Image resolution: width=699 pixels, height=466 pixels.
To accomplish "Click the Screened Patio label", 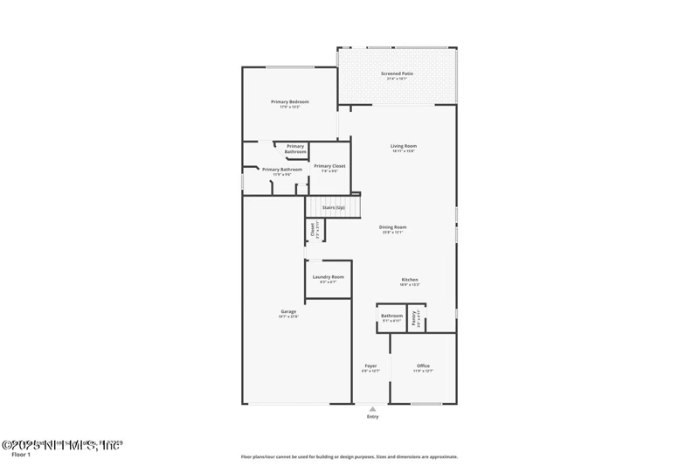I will point(398,73).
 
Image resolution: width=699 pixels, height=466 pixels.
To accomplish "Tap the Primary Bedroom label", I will point(290,101).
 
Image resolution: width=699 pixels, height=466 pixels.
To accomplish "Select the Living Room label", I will point(403,145).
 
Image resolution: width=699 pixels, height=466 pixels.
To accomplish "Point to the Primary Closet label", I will point(329,165).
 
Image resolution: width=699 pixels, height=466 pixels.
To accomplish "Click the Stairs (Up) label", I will point(334,207).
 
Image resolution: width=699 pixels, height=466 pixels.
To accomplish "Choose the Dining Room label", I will point(394,226).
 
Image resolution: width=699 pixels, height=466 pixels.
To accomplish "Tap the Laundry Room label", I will point(328,276).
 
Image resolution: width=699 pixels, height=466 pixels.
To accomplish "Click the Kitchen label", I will point(411,279).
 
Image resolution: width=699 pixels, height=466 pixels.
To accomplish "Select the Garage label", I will point(288,311).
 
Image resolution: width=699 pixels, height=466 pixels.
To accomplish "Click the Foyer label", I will point(370,365).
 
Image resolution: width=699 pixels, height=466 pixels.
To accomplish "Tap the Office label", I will point(423,365).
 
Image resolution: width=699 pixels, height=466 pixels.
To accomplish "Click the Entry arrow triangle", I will point(373,408).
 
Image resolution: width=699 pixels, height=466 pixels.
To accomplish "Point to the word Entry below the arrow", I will point(373,417).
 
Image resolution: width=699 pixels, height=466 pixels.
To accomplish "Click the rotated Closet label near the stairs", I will point(312,230).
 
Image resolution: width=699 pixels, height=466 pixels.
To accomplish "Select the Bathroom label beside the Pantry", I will point(391,315).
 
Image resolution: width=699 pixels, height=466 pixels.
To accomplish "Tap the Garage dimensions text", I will point(288,316).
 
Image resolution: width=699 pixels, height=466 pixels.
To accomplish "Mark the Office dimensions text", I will point(423,371).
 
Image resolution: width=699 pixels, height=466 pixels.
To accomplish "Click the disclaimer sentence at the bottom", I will point(349,456).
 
